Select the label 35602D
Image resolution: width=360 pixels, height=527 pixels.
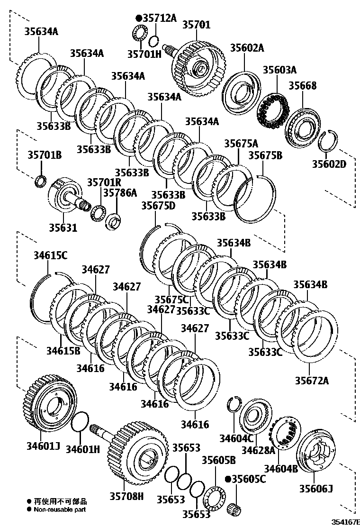pyautogui.click(x=329, y=164)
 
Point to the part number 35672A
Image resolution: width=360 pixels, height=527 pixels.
pyautogui.click(x=312, y=380)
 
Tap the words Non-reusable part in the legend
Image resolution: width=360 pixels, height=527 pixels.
pyautogui.click(x=60, y=509)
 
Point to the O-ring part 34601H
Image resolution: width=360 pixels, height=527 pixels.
pyautogui.click(x=80, y=422)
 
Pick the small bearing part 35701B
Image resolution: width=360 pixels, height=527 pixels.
pyautogui.click(x=41, y=181)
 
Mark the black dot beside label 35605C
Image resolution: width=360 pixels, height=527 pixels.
pyautogui.click(x=228, y=479)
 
